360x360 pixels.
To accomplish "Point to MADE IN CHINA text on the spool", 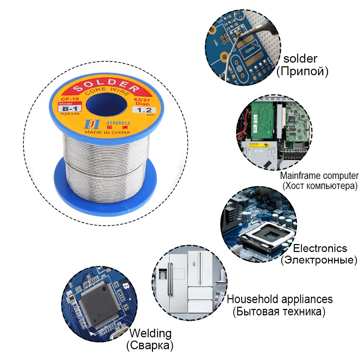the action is coord(107,132).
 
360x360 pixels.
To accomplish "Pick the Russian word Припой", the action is coord(302,71).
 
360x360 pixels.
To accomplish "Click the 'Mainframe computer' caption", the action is coord(319,176).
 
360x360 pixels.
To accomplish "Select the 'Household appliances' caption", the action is coord(280,299).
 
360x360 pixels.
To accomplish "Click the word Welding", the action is coord(150,333).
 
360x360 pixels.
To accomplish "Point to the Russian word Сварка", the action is coord(150,346).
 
